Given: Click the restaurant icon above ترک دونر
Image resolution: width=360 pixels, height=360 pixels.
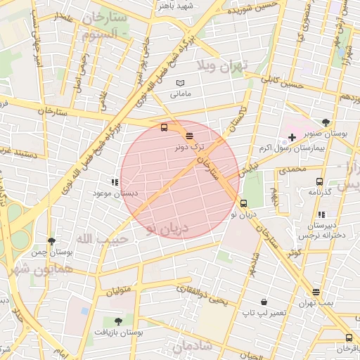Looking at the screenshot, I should point(189,136).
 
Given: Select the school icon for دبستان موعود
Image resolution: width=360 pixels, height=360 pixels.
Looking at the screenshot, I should point(114,181).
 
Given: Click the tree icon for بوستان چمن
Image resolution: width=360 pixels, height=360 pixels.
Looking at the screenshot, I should point(51,241).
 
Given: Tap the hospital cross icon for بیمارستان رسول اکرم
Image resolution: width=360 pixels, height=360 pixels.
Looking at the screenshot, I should point(292,136).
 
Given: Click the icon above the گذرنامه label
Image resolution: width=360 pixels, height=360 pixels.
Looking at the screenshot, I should point(320,182).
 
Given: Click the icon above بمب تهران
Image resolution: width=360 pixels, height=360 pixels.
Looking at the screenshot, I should point(316,292).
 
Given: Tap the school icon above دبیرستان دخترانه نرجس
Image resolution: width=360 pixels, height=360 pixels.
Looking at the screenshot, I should point(321,214).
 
